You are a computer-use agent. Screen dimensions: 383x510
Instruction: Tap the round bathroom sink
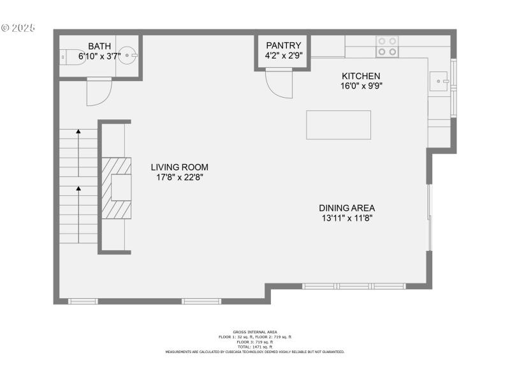[129, 56]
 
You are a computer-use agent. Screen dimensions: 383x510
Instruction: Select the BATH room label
[99, 46]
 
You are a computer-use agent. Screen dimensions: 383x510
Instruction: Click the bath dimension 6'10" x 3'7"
[99, 56]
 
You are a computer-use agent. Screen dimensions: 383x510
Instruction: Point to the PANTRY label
[283, 45]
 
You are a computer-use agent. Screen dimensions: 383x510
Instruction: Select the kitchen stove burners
[386, 46]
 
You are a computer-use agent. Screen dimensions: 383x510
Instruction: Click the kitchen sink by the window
[439, 80]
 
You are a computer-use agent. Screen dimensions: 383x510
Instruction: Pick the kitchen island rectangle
[339, 124]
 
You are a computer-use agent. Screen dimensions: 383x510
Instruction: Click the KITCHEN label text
[360, 75]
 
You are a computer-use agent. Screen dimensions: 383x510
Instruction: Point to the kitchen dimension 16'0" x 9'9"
[361, 86]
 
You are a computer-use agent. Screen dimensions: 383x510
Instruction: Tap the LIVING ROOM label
[179, 167]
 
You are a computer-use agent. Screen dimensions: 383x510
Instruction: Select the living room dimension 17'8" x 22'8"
[179, 177]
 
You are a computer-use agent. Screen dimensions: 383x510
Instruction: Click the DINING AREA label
[347, 207]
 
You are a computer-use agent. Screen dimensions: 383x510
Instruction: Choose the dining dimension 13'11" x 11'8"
[347, 218]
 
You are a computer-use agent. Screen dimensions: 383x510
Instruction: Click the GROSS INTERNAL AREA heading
[255, 332]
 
